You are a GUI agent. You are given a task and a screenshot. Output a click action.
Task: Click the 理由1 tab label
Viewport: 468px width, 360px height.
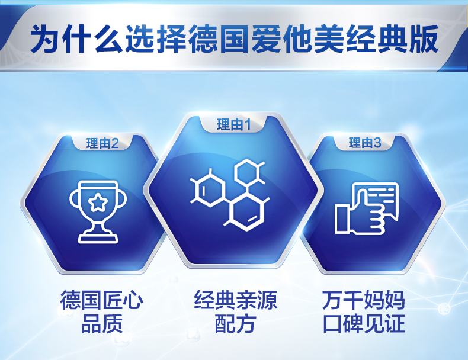pyautogui.click(x=233, y=124)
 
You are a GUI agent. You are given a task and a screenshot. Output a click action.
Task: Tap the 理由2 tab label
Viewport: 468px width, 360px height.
pyautogui.click(x=102, y=143)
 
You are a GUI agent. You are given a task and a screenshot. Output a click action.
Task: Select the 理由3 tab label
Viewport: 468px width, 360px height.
pyautogui.click(x=365, y=143)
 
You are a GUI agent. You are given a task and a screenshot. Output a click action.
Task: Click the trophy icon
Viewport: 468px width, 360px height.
pyautogui.click(x=98, y=212)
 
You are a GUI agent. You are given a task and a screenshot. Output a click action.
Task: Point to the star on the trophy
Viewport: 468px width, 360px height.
pyautogui.click(x=98, y=202)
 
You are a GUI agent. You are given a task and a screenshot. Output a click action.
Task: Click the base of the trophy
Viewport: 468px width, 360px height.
pyautogui.click(x=98, y=238)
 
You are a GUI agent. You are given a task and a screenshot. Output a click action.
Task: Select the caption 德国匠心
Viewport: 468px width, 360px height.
pyautogui.click(x=102, y=300)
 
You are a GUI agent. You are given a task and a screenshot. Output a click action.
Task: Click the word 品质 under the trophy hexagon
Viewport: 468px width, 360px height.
pyautogui.click(x=102, y=323)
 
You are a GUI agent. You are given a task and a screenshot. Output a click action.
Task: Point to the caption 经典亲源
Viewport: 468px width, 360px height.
pyautogui.click(x=236, y=300)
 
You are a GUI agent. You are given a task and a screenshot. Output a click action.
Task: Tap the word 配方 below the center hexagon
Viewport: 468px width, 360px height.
pyautogui.click(x=236, y=323)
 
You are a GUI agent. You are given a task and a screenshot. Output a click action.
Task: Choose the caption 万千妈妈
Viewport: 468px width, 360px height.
pyautogui.click(x=364, y=300)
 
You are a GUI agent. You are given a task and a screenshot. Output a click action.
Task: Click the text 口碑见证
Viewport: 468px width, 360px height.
pyautogui.click(x=364, y=323)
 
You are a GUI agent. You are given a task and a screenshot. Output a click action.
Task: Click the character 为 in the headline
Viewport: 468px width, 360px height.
pyautogui.click(x=45, y=39)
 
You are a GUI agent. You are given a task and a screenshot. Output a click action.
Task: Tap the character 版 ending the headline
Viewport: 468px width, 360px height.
pyautogui.click(x=423, y=39)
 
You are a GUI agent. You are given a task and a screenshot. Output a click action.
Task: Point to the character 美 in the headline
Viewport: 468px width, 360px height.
pyautogui.click(x=329, y=39)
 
